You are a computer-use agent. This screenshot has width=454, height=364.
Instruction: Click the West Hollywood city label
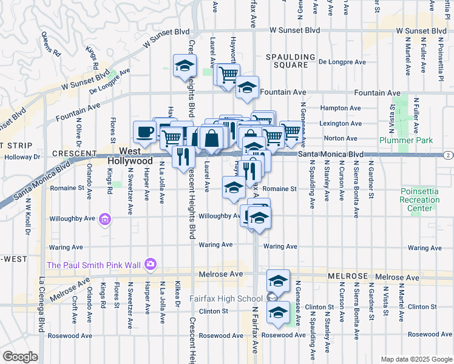coord(130,155)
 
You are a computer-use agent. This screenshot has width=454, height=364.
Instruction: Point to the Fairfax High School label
coord(225,298)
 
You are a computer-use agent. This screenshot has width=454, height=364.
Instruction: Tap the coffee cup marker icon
coord(145,132)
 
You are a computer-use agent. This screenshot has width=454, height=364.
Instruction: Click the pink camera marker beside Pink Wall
coord(150,264)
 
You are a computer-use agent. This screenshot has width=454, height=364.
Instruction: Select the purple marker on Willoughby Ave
coord(105,219)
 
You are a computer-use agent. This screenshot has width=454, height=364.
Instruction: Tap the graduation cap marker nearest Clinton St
coord(278,313)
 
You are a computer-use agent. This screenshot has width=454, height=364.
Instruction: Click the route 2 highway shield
coord(447,155)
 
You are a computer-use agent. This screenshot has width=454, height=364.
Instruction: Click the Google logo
coord(20,357)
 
